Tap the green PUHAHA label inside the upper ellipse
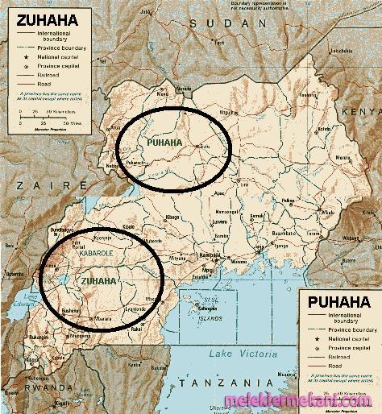(x=164, y=143)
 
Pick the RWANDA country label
(x=20, y=385)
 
